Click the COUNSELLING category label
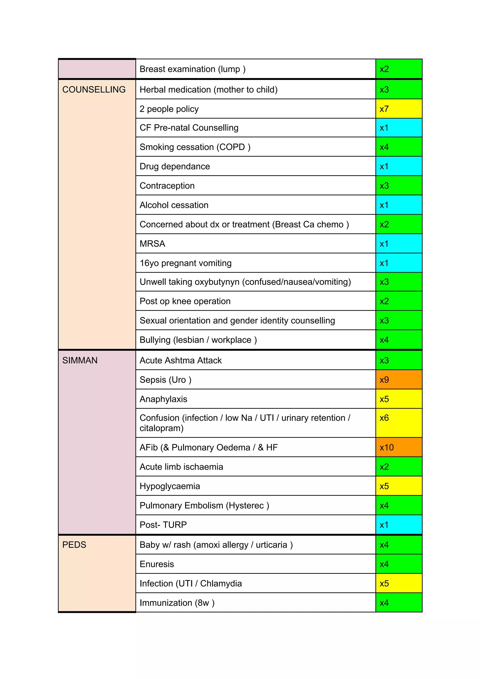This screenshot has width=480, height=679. pyautogui.click(x=94, y=90)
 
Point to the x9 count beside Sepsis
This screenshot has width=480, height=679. pyautogui.click(x=384, y=379)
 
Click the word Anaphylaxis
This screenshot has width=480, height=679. pyautogui.click(x=163, y=399)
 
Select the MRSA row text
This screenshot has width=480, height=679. pyautogui.click(x=152, y=244)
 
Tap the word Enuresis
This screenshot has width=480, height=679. pyautogui.click(x=157, y=564)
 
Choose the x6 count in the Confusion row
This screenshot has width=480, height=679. pyautogui.click(x=384, y=418)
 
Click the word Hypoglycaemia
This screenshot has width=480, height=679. pyautogui.click(x=170, y=486)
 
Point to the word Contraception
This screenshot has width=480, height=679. pyautogui.click(x=167, y=186)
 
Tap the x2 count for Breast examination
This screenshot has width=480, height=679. pyautogui.click(x=384, y=69)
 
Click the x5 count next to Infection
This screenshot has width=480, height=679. pyautogui.click(x=384, y=583)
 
